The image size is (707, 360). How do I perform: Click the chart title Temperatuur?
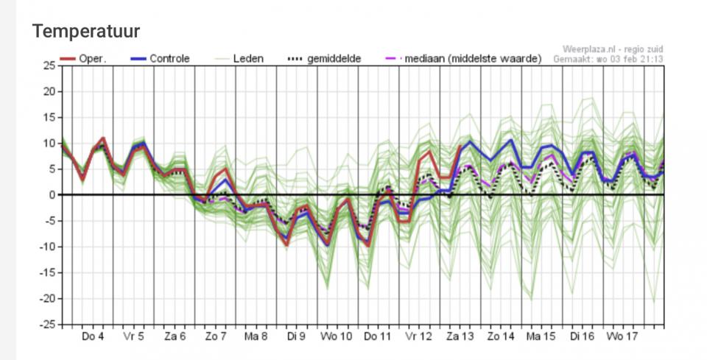click(86, 31)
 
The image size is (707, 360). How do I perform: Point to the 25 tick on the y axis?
click(50, 66)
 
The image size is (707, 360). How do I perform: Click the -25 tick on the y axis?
click(47, 324)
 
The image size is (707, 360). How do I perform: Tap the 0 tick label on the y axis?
click(52, 195)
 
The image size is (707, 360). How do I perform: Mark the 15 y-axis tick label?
click(50, 117)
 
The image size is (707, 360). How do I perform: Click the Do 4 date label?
click(92, 336)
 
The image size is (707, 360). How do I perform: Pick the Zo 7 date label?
click(215, 336)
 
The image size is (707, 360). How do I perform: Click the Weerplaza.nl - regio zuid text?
click(612, 49)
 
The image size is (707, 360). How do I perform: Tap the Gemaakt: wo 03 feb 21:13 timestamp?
click(608, 58)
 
